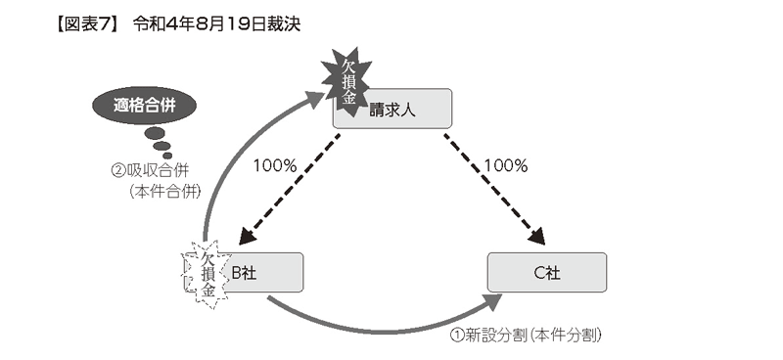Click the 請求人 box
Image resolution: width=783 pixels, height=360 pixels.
[393, 109]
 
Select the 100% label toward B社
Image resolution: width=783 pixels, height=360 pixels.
[275, 165]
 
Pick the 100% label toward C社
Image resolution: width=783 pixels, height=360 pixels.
[506, 165]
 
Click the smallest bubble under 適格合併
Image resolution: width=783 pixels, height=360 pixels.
[166, 155]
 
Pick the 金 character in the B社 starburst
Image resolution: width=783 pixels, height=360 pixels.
[209, 291]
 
